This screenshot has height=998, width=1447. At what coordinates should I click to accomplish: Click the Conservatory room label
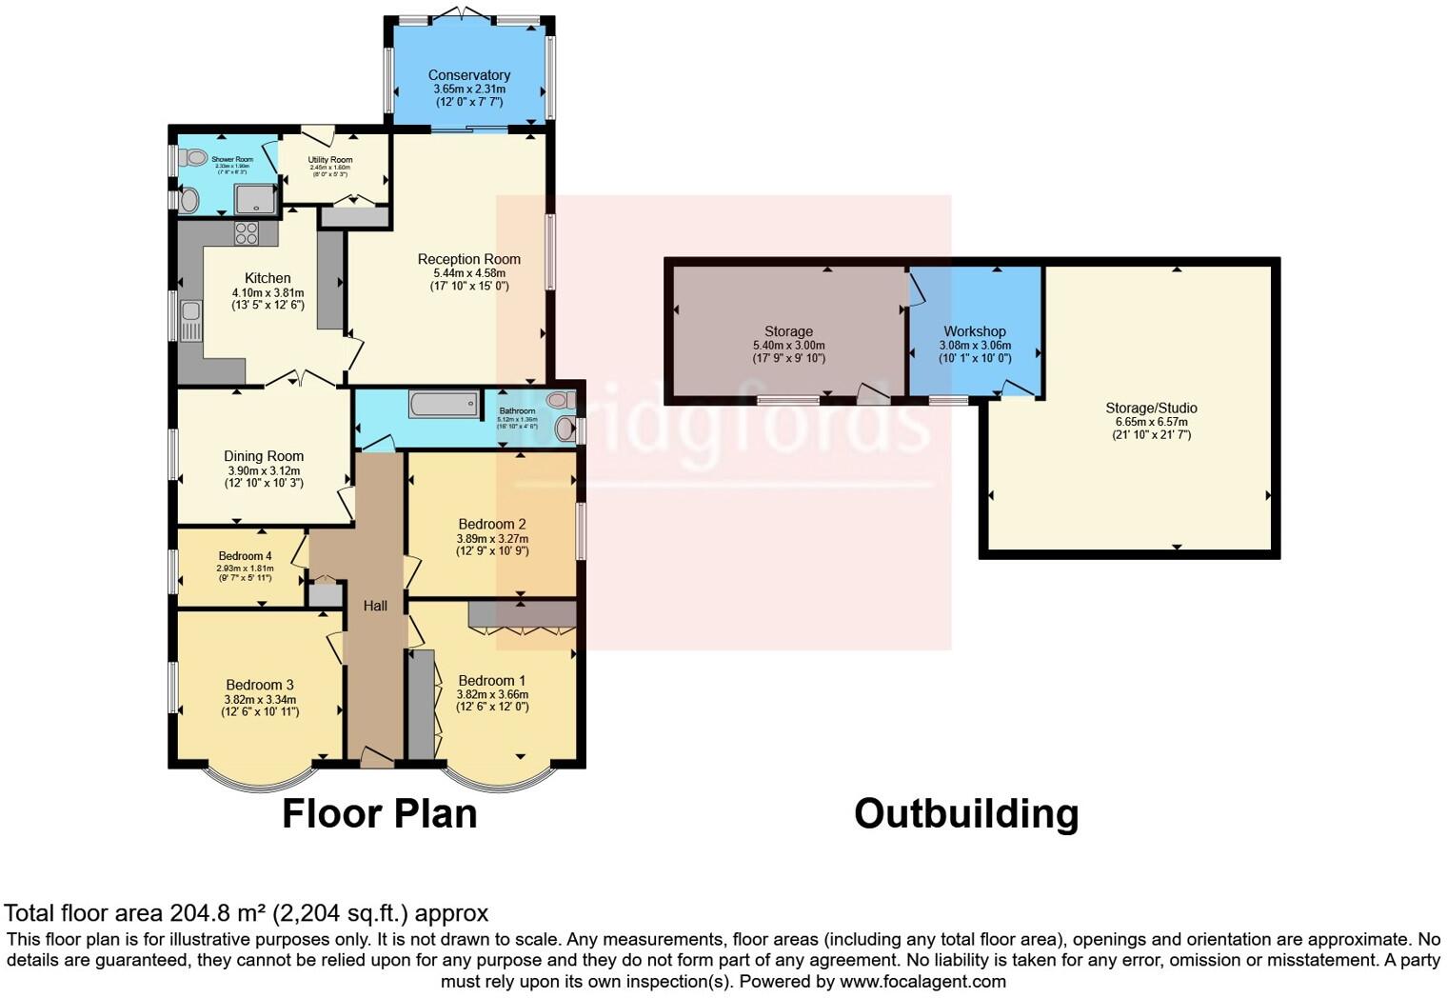tap(468, 75)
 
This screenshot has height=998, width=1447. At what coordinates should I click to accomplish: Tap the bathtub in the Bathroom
tap(444, 405)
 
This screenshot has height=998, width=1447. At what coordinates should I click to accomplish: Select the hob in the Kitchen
tap(247, 233)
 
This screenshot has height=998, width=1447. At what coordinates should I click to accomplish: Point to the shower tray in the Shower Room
tap(254, 198)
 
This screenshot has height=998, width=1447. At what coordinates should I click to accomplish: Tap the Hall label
tap(375, 606)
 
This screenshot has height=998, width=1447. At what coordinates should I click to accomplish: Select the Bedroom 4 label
tap(245, 556)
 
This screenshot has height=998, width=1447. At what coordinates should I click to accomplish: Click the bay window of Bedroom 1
tap(494, 779)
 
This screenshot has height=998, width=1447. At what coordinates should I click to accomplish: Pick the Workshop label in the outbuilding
tap(975, 331)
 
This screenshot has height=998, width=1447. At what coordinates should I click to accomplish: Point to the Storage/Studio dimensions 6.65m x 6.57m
tap(1151, 422)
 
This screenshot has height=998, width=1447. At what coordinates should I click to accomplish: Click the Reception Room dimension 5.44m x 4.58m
tap(469, 272)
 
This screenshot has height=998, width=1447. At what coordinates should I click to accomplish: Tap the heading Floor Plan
tap(379, 814)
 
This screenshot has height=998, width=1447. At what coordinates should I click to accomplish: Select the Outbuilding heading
tap(965, 814)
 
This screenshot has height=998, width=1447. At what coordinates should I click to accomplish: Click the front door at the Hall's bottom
tap(376, 759)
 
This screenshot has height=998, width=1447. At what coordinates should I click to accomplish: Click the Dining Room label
tap(264, 456)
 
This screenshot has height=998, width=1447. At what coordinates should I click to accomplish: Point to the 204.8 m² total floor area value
tap(217, 913)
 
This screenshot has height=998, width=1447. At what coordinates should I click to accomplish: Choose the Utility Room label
tap(329, 160)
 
